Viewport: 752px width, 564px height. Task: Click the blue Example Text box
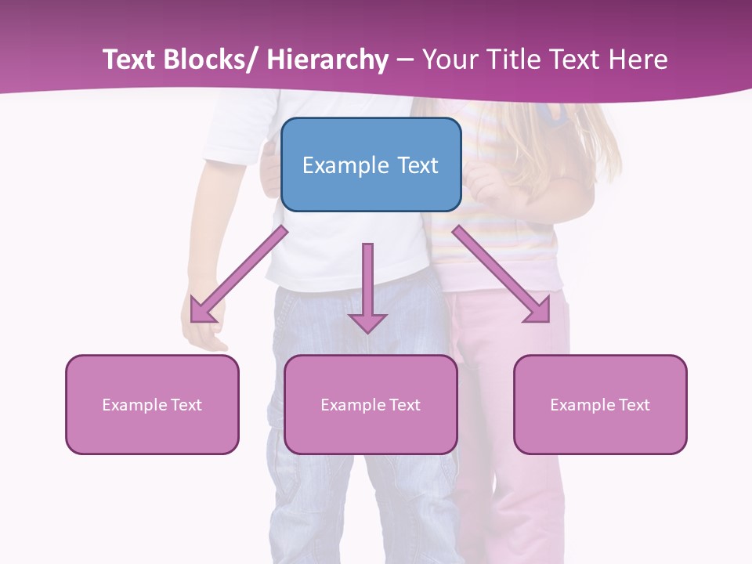[371, 164]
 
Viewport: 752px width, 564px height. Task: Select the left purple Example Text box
[152, 404]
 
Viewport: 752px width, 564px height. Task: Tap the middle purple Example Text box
[371, 404]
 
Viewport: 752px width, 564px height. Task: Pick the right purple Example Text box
[600, 404]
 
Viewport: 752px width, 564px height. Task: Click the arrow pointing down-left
[238, 274]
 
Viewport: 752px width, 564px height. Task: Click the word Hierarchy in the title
[327, 60]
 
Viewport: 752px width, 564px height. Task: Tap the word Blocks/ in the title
[211, 60]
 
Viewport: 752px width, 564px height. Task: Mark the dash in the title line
[405, 60]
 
